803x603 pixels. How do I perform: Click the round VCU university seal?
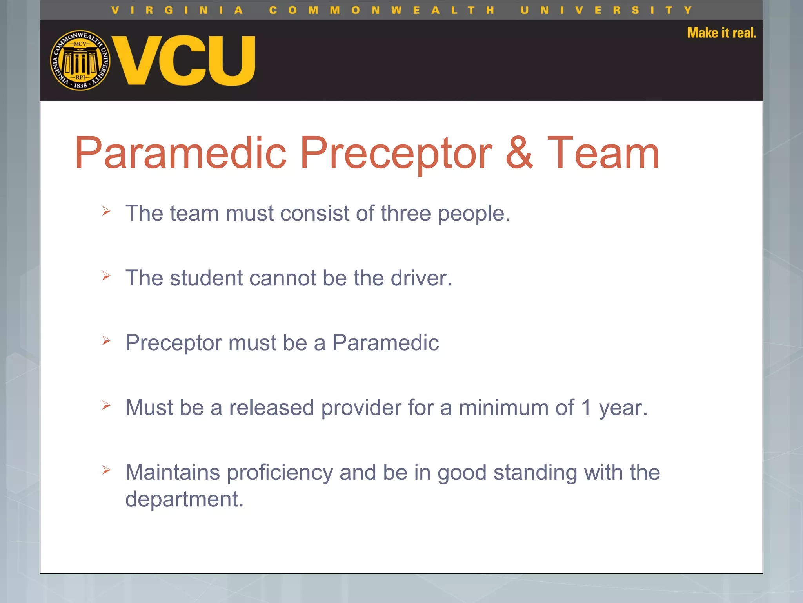tap(80, 60)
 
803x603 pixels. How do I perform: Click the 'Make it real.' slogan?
tap(721, 33)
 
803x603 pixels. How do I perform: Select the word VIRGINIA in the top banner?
tap(177, 10)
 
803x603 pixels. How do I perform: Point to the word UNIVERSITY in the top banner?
tap(606, 10)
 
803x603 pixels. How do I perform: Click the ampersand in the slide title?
tap(519, 153)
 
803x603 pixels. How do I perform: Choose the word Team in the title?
tap(603, 153)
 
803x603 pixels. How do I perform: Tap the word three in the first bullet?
tap(406, 214)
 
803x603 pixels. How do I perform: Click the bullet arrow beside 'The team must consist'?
tap(106, 212)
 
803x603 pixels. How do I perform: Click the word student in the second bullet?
tap(206, 278)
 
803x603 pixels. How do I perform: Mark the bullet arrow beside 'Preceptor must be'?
tap(106, 340)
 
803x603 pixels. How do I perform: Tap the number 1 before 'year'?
tap(586, 407)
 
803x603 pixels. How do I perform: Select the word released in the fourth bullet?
tap(271, 407)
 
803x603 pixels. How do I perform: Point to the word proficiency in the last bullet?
tap(280, 473)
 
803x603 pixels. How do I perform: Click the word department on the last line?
tap(184, 499)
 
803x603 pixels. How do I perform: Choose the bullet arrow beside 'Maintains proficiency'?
tap(106, 470)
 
